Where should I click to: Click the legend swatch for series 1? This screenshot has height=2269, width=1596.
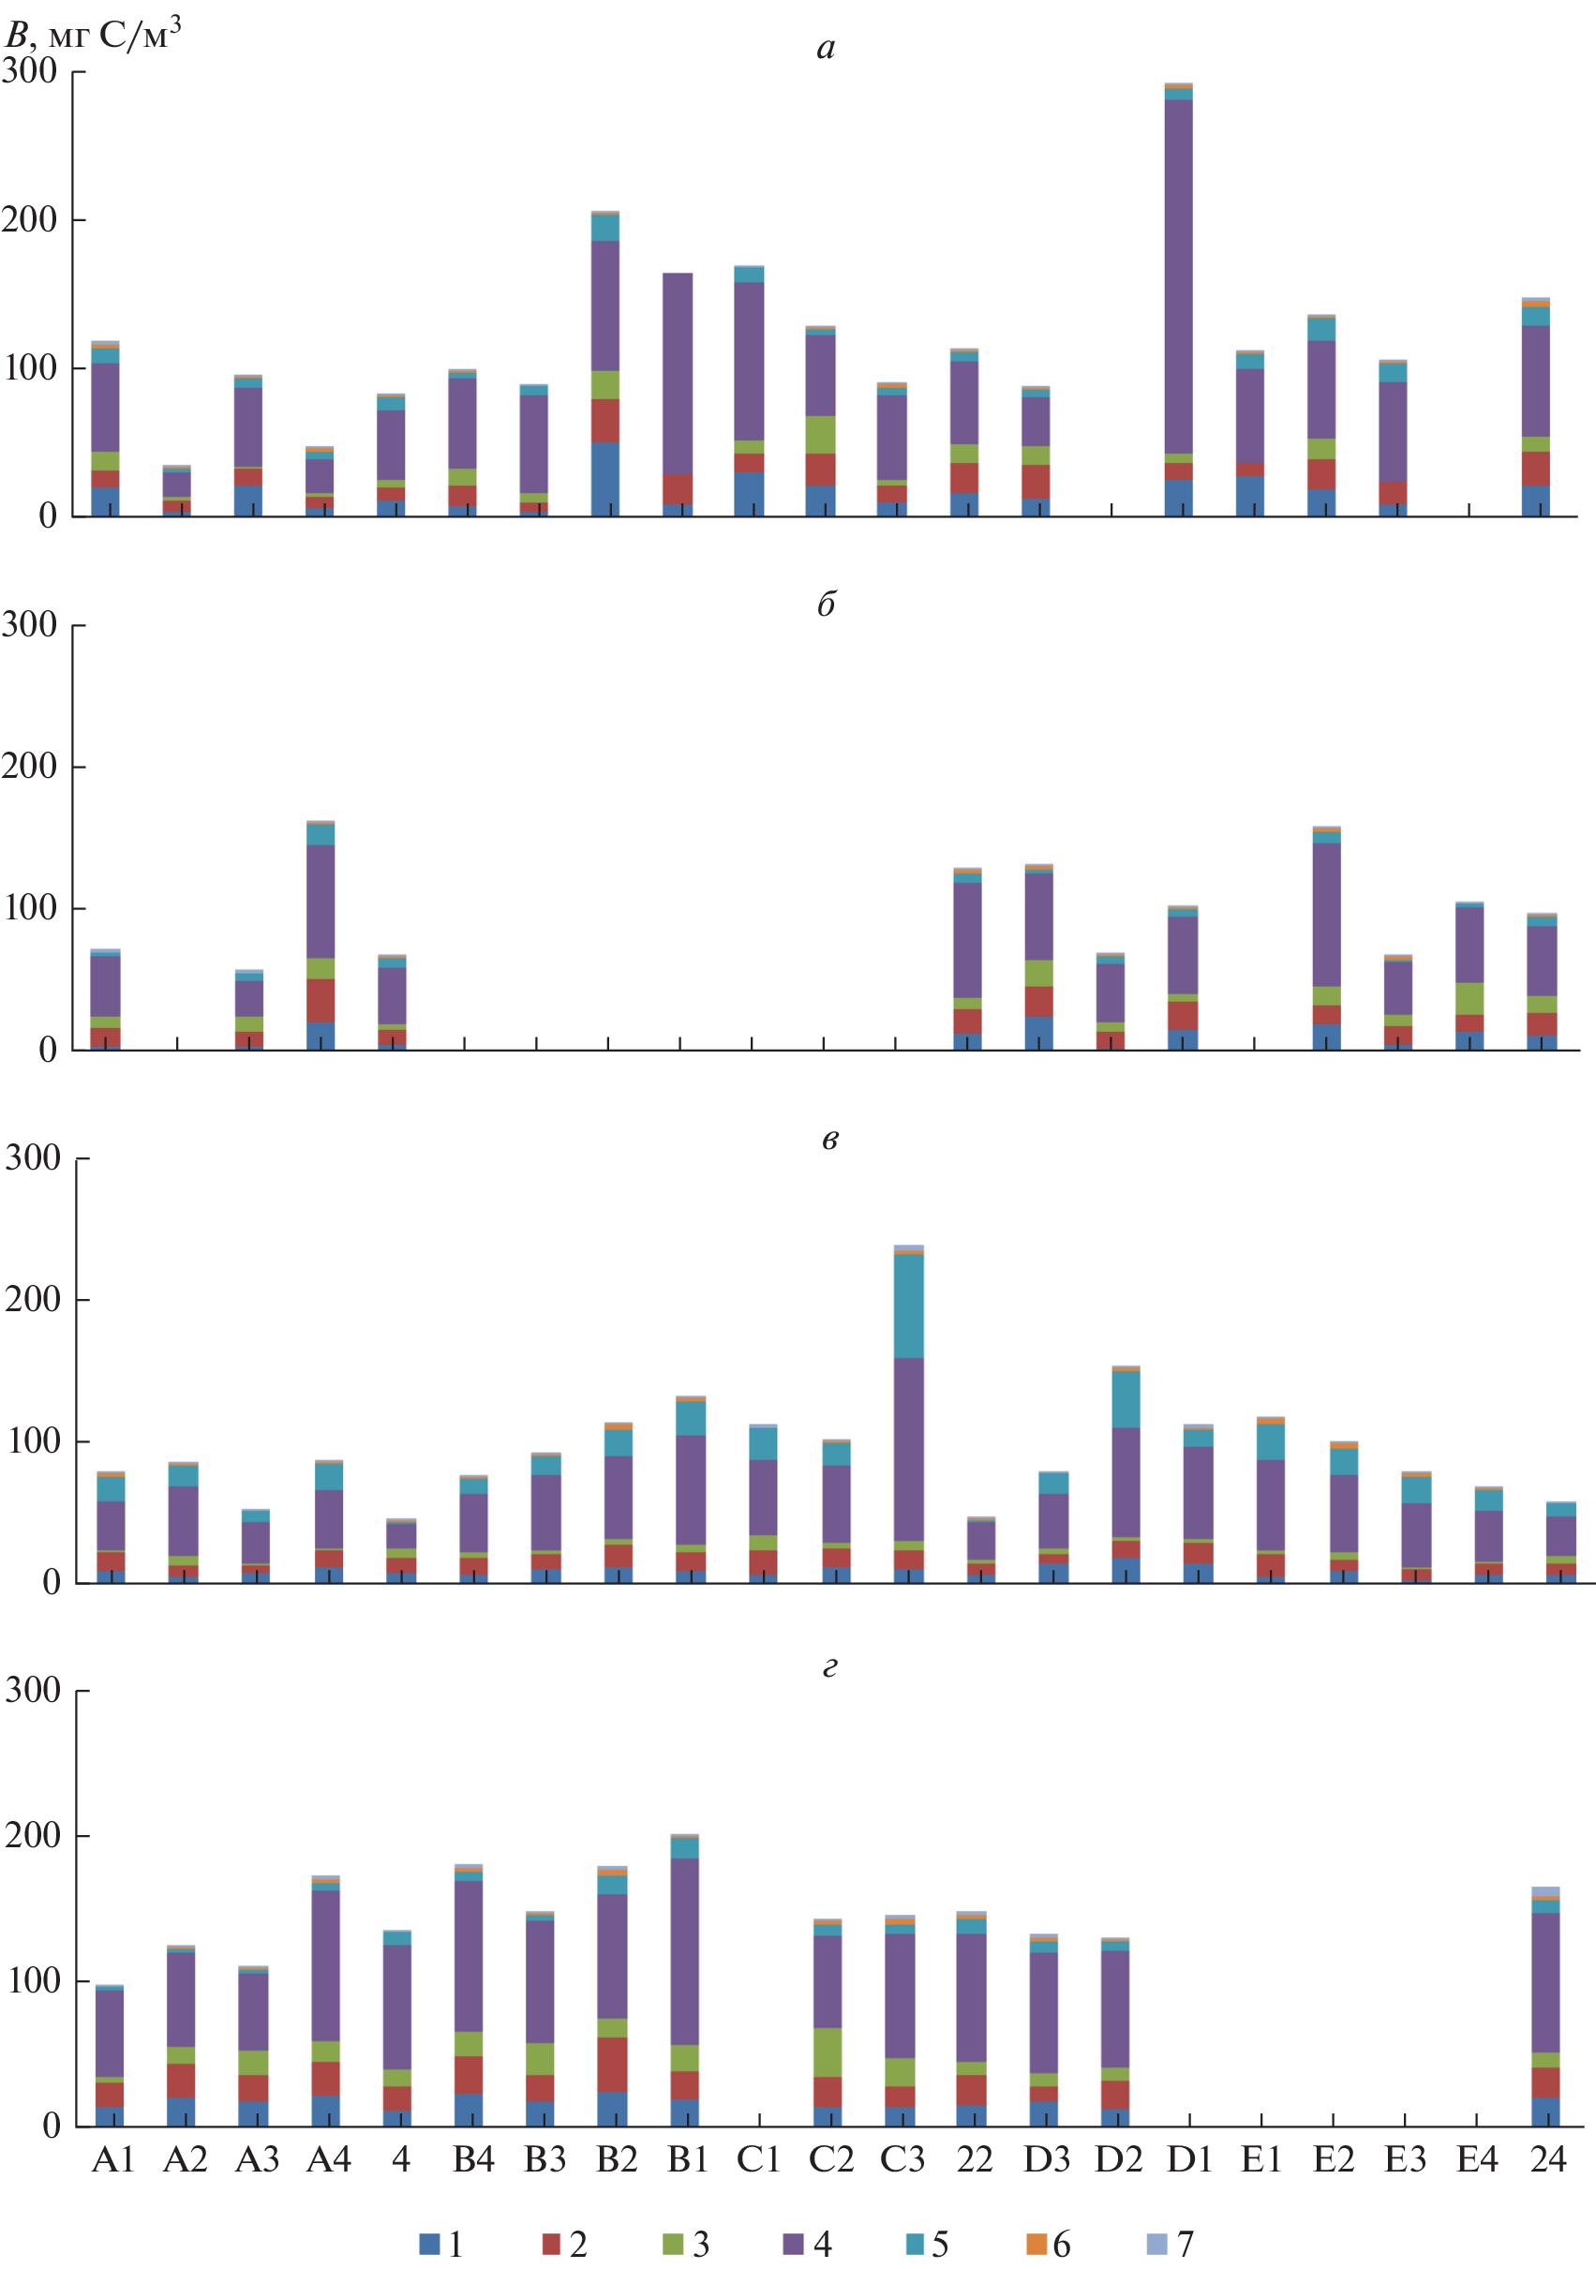(x=429, y=2244)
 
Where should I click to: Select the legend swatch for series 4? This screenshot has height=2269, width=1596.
(x=793, y=2244)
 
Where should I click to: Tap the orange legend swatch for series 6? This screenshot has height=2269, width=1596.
(x=1036, y=2244)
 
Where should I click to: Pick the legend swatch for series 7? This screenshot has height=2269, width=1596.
(x=1156, y=2244)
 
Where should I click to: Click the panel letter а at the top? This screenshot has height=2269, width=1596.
(x=827, y=48)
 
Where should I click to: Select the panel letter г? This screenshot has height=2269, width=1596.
(x=830, y=1666)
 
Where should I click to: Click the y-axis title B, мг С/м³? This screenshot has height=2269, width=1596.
(x=93, y=36)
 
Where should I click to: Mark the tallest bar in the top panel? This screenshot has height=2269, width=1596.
(x=1178, y=296)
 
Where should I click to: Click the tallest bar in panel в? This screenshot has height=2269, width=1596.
(x=908, y=1413)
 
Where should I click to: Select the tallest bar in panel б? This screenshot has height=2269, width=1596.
(x=321, y=933)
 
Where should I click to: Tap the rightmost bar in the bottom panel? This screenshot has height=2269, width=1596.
(x=1545, y=2007)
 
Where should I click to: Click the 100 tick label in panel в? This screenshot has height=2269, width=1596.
(x=34, y=1441)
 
